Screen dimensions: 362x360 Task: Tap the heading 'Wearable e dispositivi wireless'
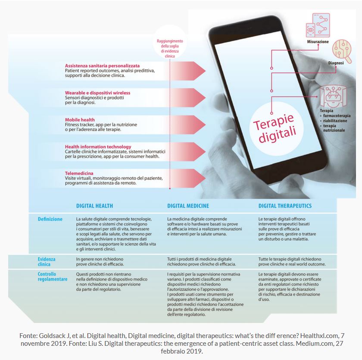(x=97, y=93)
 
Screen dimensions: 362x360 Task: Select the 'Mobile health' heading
(x=80, y=120)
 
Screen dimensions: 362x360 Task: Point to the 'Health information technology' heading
(x=96, y=147)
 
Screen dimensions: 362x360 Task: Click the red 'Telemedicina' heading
(x=79, y=173)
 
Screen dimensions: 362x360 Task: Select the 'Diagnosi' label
(x=336, y=63)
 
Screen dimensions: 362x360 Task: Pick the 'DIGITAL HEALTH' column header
(x=94, y=206)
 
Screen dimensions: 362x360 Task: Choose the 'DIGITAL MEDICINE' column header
(x=188, y=206)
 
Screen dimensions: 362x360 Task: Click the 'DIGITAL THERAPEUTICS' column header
(x=285, y=206)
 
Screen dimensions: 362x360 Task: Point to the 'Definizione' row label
(x=50, y=219)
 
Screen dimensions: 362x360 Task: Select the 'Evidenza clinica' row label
(x=47, y=262)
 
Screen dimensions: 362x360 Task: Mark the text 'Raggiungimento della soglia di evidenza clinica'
(x=170, y=48)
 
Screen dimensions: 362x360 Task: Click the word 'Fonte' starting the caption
(x=28, y=335)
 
